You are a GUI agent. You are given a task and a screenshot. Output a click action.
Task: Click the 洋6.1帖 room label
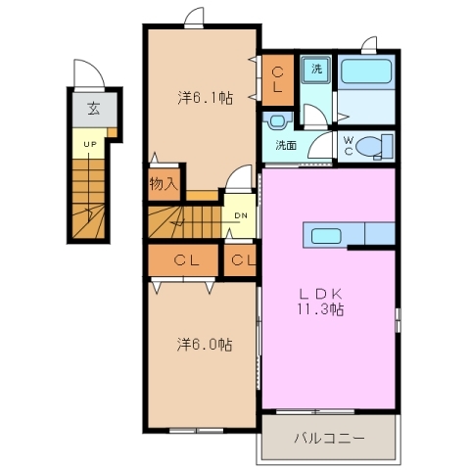[205, 98]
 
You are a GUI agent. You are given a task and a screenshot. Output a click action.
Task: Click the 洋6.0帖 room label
[205, 345]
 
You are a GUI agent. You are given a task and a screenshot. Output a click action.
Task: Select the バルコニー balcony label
[329, 438]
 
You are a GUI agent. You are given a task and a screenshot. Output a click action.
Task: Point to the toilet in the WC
[370, 146]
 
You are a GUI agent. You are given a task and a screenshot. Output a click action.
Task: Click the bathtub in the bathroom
[364, 73]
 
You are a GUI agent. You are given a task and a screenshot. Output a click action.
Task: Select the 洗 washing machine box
[316, 70]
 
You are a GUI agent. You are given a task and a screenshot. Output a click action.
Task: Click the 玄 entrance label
[93, 109]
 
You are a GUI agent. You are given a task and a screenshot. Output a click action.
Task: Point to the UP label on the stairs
[89, 145]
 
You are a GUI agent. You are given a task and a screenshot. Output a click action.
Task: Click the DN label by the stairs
[239, 217]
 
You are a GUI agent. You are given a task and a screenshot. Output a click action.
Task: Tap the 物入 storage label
[163, 183]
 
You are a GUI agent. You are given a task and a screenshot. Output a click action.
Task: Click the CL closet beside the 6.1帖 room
[278, 79]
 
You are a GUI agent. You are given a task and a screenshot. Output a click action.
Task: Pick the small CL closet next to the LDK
[243, 259]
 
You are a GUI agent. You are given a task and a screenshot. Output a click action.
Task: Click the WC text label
[349, 144]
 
